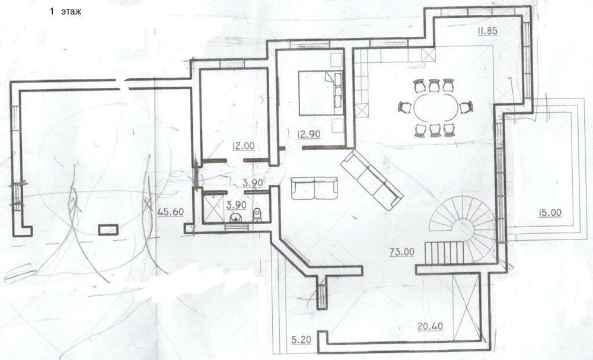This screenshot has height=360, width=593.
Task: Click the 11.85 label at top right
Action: pos(485,32)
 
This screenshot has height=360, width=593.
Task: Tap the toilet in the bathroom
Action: pos(257,215)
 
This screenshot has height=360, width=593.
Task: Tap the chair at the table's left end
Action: pos(405,108)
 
